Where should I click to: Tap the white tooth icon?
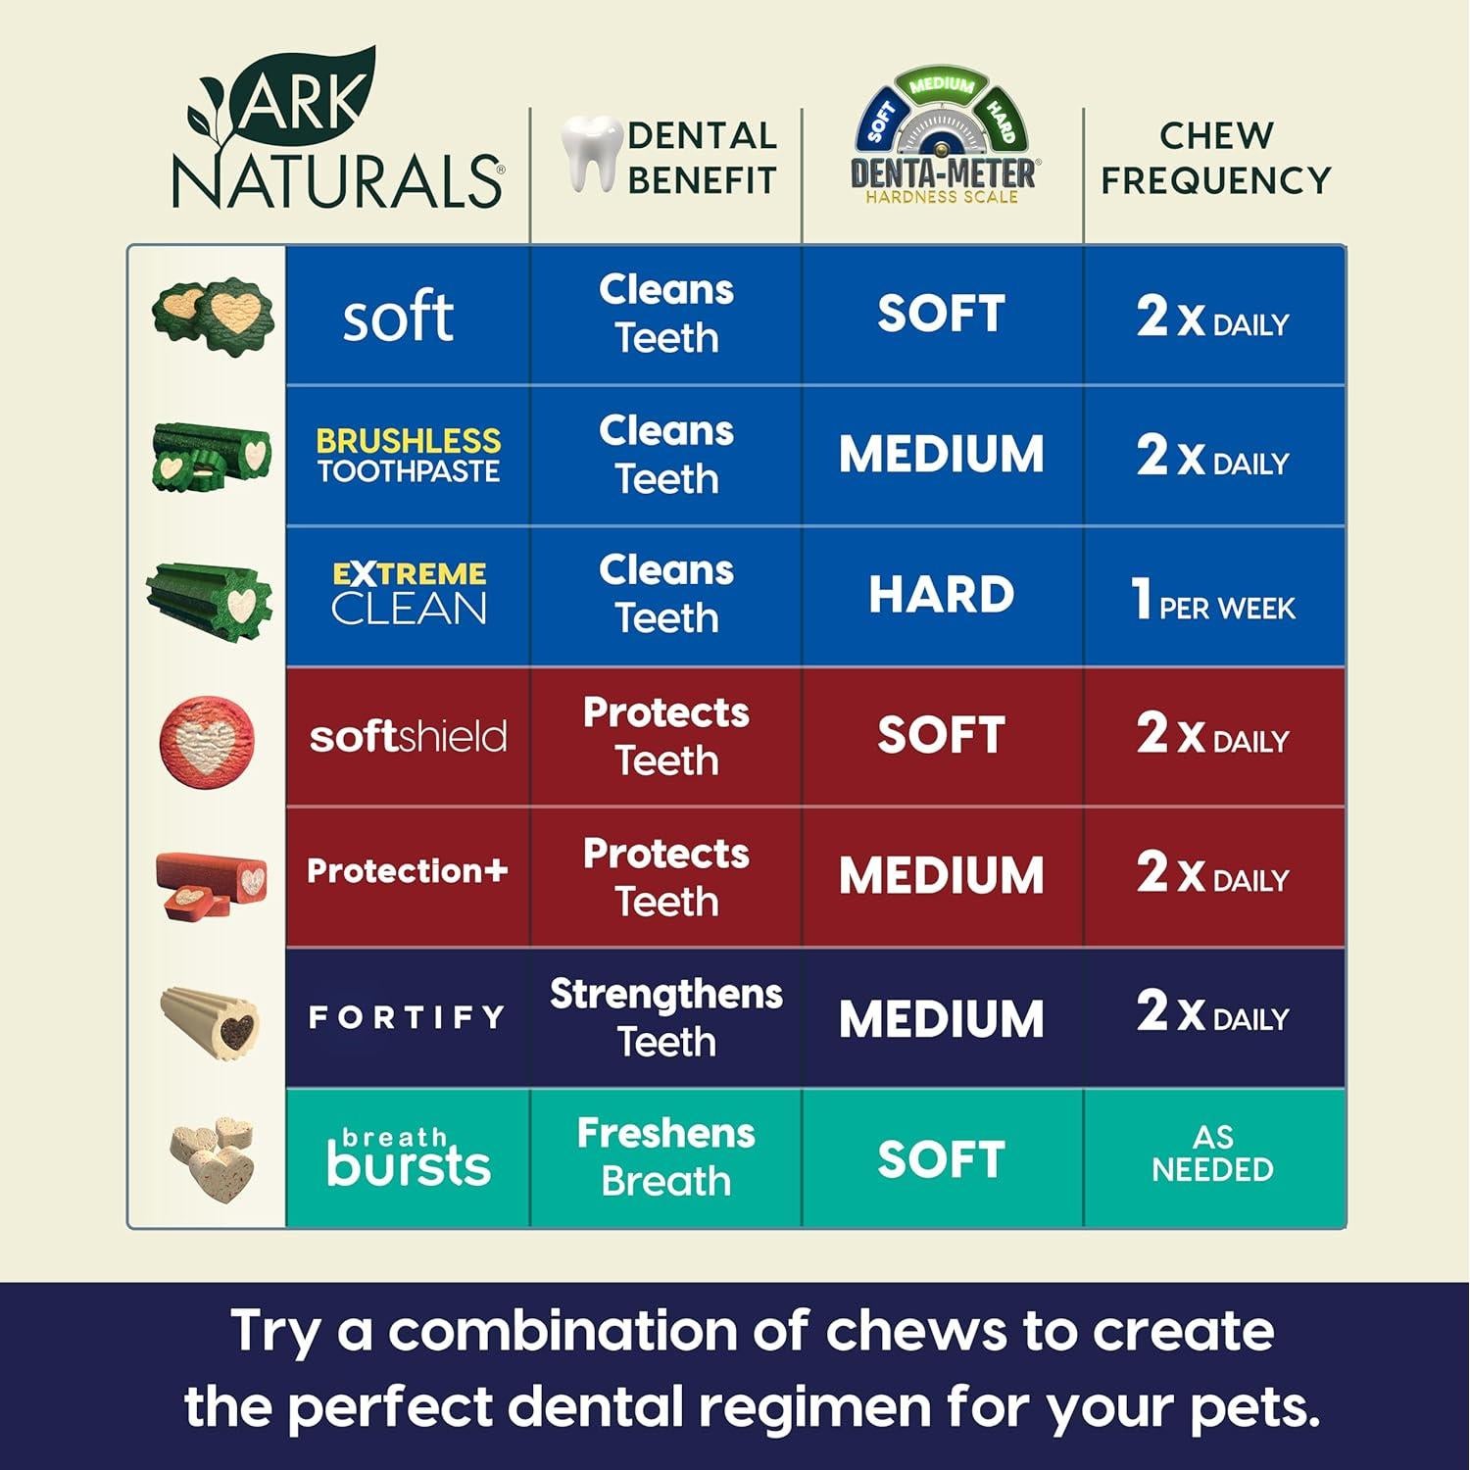[x=591, y=153]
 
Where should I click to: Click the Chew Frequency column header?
[x=1215, y=158]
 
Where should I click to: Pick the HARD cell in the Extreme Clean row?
[x=942, y=595]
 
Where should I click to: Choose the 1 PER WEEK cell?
[x=1213, y=598]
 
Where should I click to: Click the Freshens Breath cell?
[x=666, y=1157]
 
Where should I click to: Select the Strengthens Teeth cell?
[x=666, y=1017]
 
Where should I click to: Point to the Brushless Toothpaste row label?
[x=408, y=456]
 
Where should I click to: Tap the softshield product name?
[x=408, y=737]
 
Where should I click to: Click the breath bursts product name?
[x=408, y=1157]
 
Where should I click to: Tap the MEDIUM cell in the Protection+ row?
[x=942, y=876]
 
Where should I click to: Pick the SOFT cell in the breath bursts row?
[x=942, y=1159]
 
